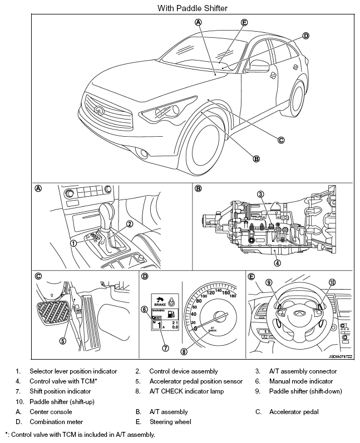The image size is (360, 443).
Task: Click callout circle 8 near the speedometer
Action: coord(184,351)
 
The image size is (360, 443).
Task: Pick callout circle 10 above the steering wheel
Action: coord(333,282)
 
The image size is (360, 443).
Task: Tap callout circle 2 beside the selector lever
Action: coord(129,224)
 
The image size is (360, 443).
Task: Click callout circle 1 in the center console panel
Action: coord(73,243)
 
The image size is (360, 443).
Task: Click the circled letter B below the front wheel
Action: coord(257,158)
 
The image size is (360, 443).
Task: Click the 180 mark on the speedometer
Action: coord(232,296)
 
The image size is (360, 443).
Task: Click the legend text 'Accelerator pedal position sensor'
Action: coord(196,381)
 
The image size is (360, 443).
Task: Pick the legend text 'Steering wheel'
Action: coord(170,422)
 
